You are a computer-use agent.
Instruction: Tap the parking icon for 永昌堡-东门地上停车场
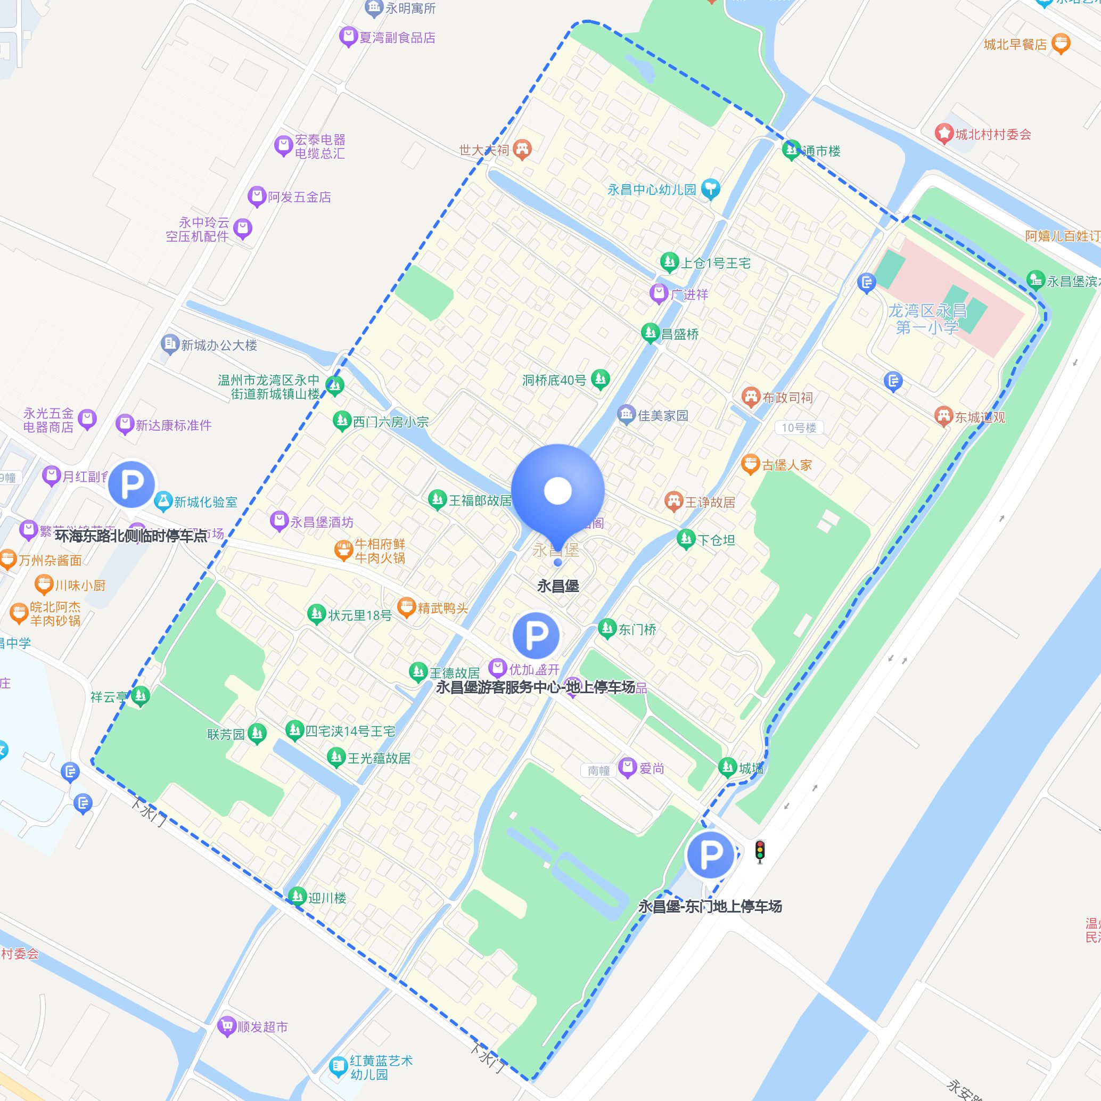[710, 855]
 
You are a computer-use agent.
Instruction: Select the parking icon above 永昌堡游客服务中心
[536, 635]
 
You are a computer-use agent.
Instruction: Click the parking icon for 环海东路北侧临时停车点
[132, 484]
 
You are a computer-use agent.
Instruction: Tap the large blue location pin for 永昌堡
[557, 491]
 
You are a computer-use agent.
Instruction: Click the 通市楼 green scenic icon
[791, 150]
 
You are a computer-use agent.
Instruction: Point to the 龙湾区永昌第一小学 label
[927, 318]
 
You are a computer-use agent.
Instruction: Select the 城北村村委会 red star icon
[944, 134]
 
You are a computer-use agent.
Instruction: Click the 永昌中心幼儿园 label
[651, 190]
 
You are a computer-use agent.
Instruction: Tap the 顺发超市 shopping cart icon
[227, 1026]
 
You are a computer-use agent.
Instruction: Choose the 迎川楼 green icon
[297, 897]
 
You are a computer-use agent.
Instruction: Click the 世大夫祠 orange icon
[522, 149]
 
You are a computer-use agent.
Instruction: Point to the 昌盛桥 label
[680, 334]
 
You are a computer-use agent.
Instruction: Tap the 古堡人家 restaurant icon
[751, 464]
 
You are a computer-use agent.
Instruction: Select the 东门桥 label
[638, 629]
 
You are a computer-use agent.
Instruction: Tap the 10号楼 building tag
[799, 428]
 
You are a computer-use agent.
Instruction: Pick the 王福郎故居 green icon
[437, 500]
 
